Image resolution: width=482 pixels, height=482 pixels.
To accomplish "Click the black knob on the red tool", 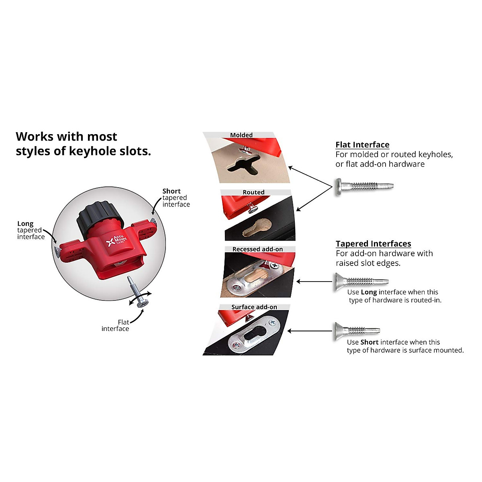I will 99,219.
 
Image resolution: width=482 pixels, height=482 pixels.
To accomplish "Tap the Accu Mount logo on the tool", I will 116,241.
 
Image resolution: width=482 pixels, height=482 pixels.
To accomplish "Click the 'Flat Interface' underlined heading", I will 362,145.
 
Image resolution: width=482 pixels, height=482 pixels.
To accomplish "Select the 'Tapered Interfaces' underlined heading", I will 373,243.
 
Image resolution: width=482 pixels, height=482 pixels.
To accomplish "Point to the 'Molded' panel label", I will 241,135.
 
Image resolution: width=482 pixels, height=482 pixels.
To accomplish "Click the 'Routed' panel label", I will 253,192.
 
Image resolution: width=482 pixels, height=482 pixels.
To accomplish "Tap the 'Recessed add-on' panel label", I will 257,249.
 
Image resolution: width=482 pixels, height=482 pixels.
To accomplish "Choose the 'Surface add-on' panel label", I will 254,307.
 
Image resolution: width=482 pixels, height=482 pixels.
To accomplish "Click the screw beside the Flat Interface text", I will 364,186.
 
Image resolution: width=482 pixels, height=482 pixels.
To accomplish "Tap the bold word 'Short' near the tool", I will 172,191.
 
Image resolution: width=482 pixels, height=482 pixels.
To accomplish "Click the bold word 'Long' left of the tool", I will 25,223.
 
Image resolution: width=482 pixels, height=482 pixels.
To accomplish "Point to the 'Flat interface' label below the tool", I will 116,325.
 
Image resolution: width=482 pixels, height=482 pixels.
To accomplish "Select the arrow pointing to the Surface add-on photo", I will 309,331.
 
